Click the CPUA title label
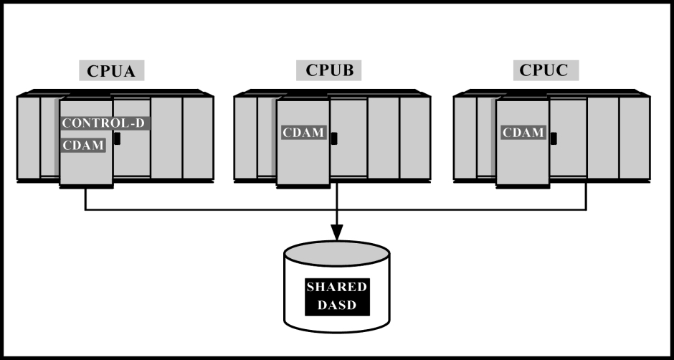point(111,70)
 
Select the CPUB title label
point(329,70)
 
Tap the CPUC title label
point(546,70)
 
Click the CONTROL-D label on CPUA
point(105,123)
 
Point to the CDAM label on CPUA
point(83,146)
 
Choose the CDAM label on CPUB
point(303,133)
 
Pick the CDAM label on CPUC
point(523,133)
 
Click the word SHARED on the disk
point(337,287)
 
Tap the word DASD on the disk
point(337,305)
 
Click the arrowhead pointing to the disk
point(337,232)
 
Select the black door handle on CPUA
point(117,138)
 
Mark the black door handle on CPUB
point(334,138)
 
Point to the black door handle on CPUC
point(554,138)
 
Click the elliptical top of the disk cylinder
point(337,253)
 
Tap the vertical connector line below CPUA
point(85,199)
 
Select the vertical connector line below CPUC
point(586,196)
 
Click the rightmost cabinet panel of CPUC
point(635,138)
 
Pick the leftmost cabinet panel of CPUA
point(29,138)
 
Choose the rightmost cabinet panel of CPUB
point(415,138)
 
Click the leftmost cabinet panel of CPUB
point(246,138)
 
